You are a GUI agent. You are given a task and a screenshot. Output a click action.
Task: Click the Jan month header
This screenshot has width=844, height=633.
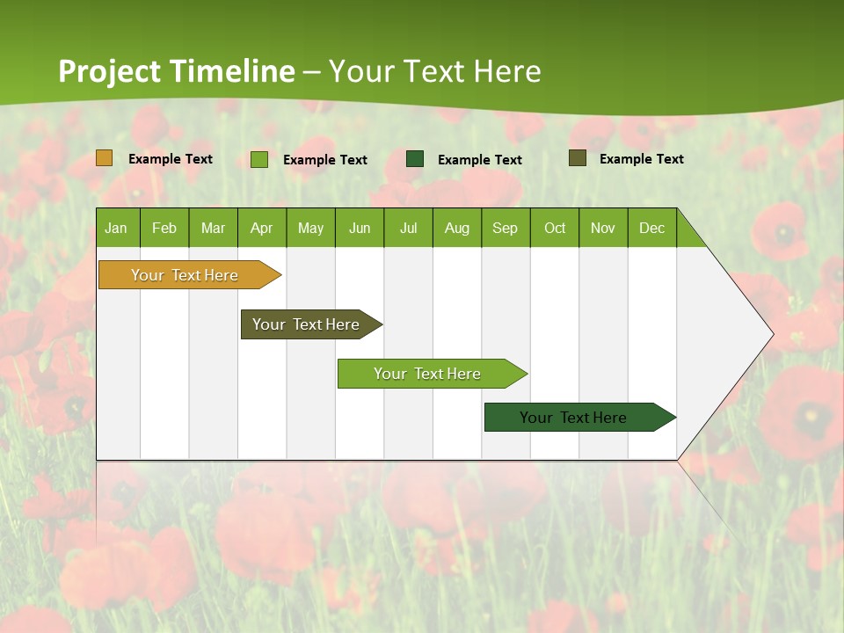[117, 228]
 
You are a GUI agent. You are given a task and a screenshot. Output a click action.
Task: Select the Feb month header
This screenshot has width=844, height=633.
[164, 228]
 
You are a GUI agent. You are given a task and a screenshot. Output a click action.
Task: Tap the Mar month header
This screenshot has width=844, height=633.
[213, 228]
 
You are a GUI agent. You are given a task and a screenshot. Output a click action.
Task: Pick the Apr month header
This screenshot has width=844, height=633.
[262, 228]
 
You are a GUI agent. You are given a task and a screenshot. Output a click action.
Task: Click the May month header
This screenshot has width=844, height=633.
[310, 228]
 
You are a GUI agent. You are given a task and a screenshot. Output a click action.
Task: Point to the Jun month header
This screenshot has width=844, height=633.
[360, 228]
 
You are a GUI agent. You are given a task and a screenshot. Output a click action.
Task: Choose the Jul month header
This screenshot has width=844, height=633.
[408, 228]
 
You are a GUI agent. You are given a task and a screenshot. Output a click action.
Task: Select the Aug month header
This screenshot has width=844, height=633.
[457, 228]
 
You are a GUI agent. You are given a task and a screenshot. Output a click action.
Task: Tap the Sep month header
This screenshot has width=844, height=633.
[506, 228]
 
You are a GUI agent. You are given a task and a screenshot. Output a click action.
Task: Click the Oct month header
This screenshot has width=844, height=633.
[555, 228]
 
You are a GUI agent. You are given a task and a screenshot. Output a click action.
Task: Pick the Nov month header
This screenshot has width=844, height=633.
[603, 228]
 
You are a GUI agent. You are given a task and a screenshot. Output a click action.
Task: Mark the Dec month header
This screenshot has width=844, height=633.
[652, 228]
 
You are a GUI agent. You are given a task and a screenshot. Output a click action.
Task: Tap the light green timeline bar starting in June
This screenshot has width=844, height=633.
[428, 374]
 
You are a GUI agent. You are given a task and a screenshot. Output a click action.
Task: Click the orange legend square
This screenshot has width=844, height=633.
[105, 158]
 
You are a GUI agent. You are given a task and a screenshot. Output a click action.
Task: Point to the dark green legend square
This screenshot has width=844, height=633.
[415, 159]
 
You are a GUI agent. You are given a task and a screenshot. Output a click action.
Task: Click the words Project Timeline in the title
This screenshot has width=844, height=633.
[177, 71]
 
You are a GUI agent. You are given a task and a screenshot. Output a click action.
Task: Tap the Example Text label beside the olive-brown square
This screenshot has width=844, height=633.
[641, 159]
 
